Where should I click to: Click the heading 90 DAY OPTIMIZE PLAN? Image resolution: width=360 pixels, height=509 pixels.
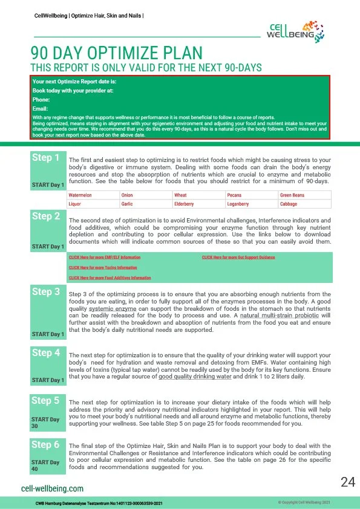(x=116, y=53)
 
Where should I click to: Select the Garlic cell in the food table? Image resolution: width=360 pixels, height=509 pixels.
(x=126, y=204)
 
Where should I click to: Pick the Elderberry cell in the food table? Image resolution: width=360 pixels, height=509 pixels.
(x=185, y=204)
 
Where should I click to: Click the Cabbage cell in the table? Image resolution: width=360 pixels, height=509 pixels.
(x=289, y=204)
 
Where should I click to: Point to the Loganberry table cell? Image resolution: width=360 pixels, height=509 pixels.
(x=239, y=204)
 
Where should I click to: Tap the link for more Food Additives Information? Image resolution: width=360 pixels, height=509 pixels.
(x=110, y=277)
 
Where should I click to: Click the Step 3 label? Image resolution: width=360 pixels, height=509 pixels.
(x=46, y=292)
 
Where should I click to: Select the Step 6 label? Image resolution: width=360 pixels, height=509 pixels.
(x=46, y=444)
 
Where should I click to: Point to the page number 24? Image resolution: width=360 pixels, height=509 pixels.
(x=347, y=482)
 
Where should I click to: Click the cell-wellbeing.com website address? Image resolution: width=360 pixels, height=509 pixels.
(x=52, y=488)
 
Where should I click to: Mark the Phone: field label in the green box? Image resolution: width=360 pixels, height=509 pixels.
(x=41, y=99)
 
